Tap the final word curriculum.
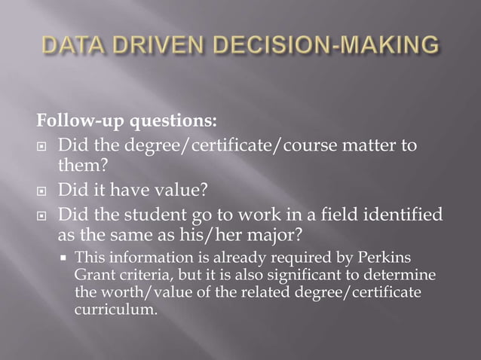click(x=115, y=307)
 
